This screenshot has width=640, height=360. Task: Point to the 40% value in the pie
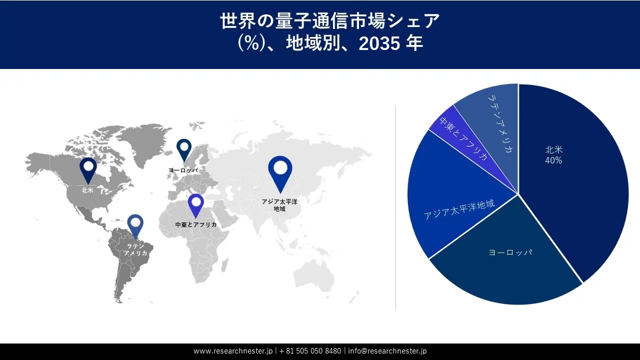click(553, 160)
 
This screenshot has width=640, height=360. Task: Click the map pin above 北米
click(88, 169)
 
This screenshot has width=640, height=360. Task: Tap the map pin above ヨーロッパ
click(184, 149)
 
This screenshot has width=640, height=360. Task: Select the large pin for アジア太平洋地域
click(280, 171)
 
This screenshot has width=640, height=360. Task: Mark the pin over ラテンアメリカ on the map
click(135, 225)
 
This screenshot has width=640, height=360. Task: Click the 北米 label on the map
click(88, 190)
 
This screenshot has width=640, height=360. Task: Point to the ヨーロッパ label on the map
click(183, 170)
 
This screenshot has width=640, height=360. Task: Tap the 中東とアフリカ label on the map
click(196, 225)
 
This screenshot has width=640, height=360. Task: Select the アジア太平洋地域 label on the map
click(279, 205)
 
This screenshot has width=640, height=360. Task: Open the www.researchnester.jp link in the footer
click(232, 351)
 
